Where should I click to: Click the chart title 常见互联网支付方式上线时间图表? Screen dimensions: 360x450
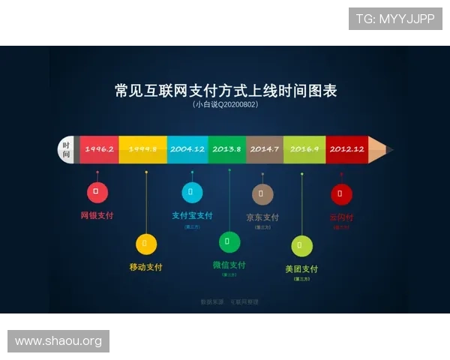226,91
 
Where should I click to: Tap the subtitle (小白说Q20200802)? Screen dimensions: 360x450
226,105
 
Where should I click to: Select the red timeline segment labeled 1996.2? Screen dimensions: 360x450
99,149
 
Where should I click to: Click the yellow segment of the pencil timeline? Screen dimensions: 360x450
142,149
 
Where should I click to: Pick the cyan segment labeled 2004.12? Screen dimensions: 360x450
187,149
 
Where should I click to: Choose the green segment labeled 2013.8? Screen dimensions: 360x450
226,149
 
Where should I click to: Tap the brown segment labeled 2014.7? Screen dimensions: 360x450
265,149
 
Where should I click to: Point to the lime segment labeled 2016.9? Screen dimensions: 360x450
304,149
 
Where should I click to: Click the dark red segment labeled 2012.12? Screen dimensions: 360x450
346,149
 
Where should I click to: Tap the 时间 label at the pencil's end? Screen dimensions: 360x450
67,149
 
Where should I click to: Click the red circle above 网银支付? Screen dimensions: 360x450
97,192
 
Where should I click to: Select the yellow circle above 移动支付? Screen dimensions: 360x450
145,244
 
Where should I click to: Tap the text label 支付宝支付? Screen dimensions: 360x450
192,215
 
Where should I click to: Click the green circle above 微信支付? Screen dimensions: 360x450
229,241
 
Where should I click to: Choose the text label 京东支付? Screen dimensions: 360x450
262,217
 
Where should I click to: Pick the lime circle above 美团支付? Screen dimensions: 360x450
301,245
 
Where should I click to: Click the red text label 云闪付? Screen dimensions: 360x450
341,217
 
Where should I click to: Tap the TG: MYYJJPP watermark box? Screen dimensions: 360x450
395,18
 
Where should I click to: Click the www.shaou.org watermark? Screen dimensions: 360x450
59,341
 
